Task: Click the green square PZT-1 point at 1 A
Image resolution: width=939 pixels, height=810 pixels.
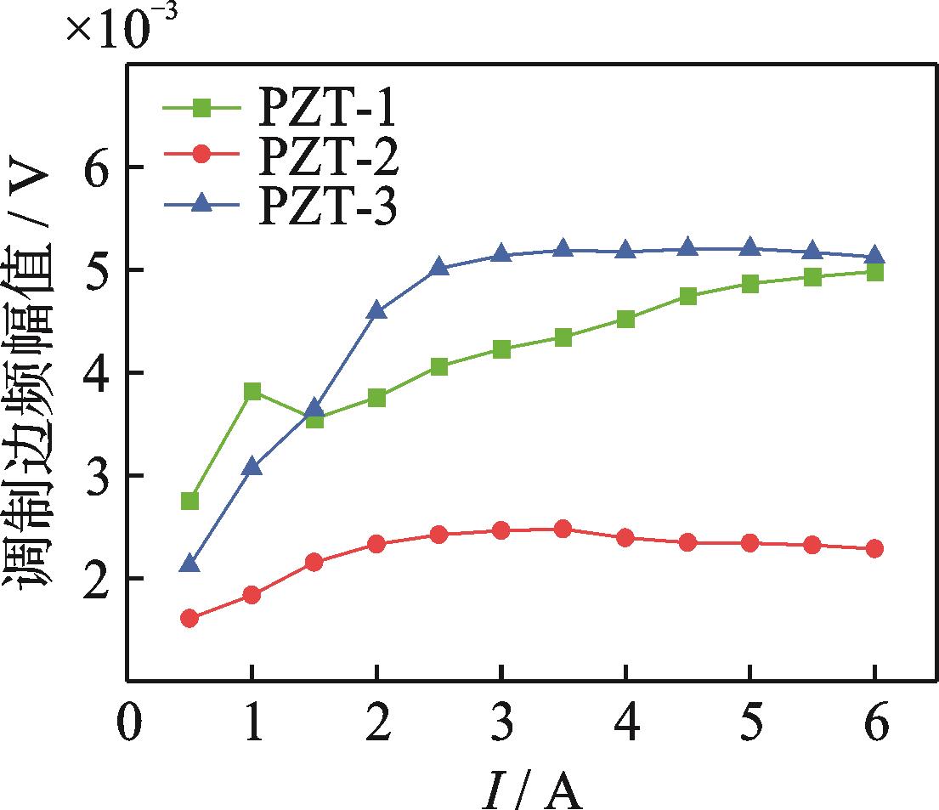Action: click(x=252, y=392)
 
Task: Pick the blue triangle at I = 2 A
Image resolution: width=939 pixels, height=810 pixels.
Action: click(x=377, y=311)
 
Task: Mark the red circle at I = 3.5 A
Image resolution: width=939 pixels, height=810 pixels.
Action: click(x=563, y=529)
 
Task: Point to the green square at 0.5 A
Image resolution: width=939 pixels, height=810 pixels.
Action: click(x=190, y=501)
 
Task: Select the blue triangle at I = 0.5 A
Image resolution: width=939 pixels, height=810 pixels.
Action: click(x=190, y=564)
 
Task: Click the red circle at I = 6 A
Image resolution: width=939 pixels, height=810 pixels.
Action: click(x=874, y=548)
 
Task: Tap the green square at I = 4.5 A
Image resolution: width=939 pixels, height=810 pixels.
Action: click(x=688, y=297)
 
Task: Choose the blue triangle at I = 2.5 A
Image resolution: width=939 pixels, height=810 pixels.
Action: click(x=439, y=268)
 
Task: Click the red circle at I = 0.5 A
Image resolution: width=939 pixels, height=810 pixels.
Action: click(x=190, y=618)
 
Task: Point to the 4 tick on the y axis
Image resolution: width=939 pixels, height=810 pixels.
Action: click(x=102, y=373)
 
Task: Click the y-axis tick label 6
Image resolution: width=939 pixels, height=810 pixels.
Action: click(x=102, y=167)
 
